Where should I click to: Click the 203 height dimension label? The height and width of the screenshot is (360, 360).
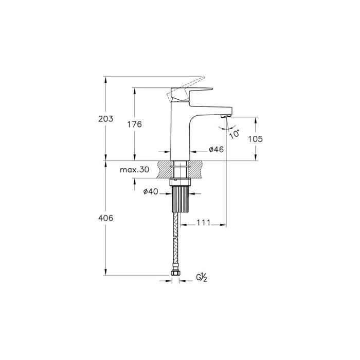click(105, 119)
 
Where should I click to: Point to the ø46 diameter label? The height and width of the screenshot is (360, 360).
click(215, 150)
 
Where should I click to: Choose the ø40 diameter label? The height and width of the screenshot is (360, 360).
click(150, 192)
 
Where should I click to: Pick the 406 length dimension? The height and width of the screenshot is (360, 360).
click(105, 218)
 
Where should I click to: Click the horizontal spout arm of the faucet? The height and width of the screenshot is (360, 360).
click(211, 109)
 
